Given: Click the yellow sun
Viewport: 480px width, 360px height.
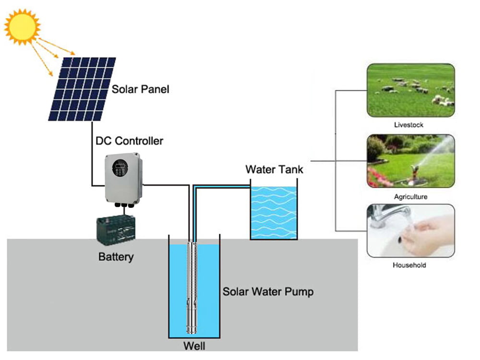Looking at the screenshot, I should tap(22, 27).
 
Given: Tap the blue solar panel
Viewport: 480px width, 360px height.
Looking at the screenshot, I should tap(82, 89).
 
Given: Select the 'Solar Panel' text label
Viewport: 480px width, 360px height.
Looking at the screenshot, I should tap(140, 89).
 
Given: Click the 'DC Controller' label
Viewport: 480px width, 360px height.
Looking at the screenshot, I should tap(128, 141).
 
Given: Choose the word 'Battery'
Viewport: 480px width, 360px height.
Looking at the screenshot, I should tap(116, 257).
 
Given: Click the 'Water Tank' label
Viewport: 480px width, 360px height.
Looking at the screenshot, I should tap(274, 169).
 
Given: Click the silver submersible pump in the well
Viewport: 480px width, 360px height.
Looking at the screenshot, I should tap(193, 288).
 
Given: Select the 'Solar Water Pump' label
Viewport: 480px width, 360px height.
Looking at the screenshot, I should tap(268, 291).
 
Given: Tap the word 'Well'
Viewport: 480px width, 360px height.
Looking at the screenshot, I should tap(194, 346).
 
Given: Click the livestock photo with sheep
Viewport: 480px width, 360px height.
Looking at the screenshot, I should tap(410, 91).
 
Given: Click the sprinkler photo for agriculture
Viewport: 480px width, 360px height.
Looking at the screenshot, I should tap(410, 161).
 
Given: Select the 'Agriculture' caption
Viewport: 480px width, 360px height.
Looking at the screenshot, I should tap(410, 197).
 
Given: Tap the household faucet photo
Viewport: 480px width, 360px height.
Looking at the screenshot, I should tap(410, 230).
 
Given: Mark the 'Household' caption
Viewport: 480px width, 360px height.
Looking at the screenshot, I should tap(409, 265).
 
